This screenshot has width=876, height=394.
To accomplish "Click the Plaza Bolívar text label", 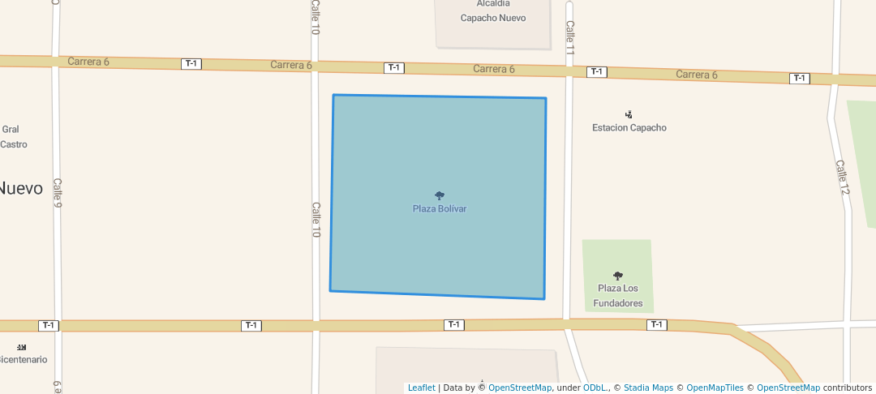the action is (440, 209).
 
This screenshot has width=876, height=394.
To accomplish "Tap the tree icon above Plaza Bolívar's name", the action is (440, 195).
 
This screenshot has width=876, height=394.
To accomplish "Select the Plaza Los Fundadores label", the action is (618, 296).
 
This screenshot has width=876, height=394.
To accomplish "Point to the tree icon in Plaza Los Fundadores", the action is (618, 276).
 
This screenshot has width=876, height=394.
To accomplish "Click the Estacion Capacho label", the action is (629, 128).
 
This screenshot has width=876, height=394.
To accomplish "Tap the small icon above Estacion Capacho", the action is (629, 114).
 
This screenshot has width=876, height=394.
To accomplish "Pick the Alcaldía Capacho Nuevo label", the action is (493, 11).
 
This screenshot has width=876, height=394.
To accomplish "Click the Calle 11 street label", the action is (570, 37).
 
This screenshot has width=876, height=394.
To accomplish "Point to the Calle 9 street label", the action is (57, 193).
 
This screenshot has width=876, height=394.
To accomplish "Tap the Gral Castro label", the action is (13, 137).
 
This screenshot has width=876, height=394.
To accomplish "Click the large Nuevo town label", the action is (21, 188).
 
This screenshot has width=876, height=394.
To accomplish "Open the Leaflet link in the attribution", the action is (421, 388).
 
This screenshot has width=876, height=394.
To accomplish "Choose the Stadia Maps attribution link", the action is (648, 388).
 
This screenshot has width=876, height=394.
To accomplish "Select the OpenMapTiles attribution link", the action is (710, 388).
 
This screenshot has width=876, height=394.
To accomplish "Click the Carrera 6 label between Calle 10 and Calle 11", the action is (494, 69).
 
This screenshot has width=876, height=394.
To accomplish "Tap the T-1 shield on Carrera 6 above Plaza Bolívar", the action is (394, 67).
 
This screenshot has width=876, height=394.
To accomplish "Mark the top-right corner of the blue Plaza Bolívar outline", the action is (546, 98).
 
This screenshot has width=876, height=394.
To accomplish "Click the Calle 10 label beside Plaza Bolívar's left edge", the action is (316, 220).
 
